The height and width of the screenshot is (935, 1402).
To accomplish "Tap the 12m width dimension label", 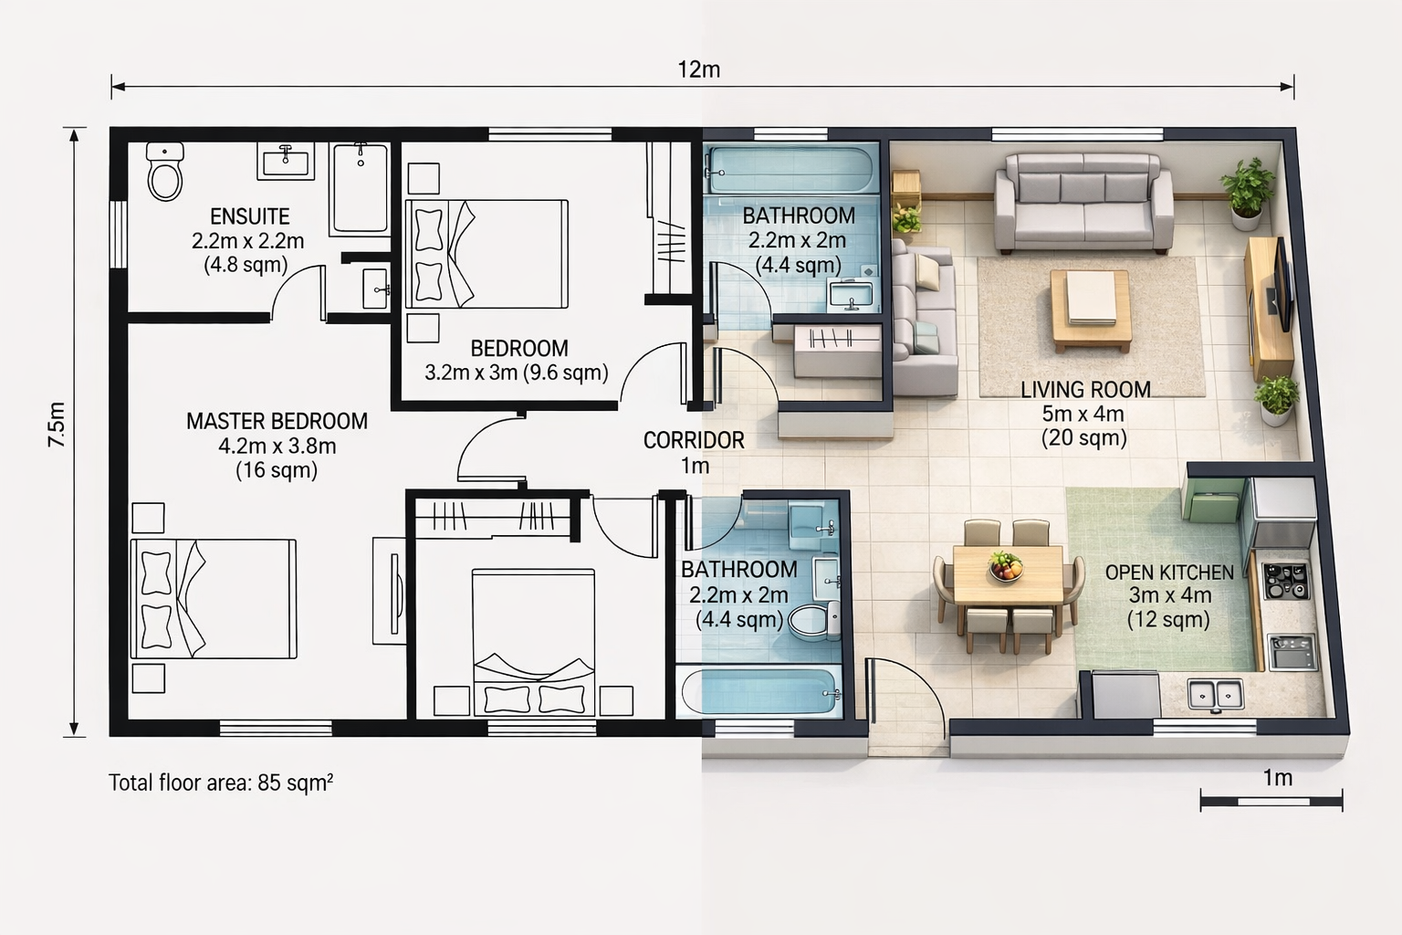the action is (x=698, y=69).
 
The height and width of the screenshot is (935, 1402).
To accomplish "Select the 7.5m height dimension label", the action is (x=57, y=424).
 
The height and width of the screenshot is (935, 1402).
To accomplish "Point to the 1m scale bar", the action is (x=1271, y=801).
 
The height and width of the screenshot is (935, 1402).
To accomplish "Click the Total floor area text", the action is (x=221, y=783).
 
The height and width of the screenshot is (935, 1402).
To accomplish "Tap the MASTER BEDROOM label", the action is (x=277, y=421).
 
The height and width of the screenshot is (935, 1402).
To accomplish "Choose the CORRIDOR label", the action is (x=694, y=440).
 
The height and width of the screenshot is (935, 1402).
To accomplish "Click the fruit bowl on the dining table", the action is (x=1006, y=566).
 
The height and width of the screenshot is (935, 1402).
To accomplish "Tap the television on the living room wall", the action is (x=1281, y=285).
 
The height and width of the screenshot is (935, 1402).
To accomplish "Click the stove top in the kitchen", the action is (x=1285, y=581).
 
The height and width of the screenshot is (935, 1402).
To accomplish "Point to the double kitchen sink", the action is (x=1216, y=695).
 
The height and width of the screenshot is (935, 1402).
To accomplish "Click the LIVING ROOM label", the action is (x=1085, y=390).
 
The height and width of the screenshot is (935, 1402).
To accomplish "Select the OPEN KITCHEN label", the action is (x=1169, y=573).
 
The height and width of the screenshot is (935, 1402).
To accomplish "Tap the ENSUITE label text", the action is (x=250, y=216).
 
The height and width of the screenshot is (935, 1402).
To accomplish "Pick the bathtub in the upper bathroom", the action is (x=790, y=169).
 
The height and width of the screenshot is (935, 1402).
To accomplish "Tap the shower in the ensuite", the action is (x=360, y=188).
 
